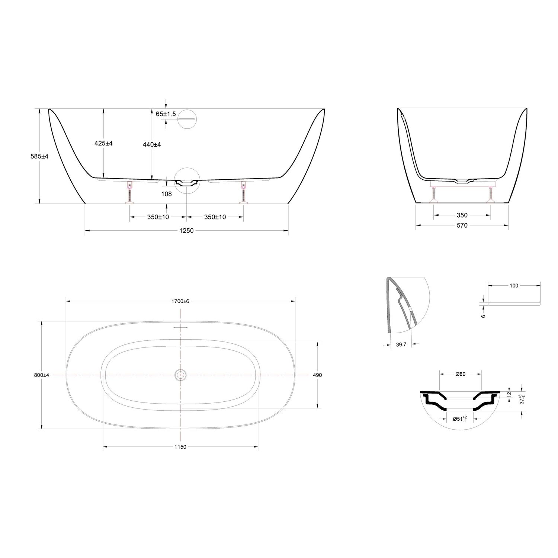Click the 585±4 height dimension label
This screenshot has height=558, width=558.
coord(39,157)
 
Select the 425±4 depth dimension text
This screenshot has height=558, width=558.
coord(103,143)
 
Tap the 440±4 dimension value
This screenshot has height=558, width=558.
coord(151,144)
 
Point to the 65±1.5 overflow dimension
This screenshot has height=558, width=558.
coord(166,114)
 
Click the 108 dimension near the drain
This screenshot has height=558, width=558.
coord(167,194)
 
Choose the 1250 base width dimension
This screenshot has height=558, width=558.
coord(186,231)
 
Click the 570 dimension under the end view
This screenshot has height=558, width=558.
coord(462,225)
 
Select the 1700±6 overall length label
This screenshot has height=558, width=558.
coord(180,301)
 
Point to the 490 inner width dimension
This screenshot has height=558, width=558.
coord(317,375)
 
